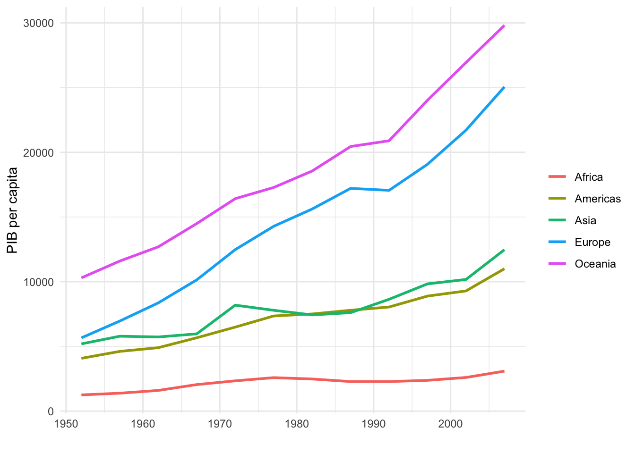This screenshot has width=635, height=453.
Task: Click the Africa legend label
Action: tap(588, 177)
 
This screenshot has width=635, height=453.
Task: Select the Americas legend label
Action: tap(597, 199)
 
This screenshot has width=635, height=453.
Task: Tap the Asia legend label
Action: tap(585, 221)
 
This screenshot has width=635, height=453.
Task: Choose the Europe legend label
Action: tap(592, 243)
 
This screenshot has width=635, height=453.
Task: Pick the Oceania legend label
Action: tap(595, 264)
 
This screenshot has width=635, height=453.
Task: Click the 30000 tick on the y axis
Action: tap(38, 23)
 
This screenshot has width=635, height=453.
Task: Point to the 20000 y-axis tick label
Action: tap(38, 153)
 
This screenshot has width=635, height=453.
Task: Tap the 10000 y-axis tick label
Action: tap(38, 282)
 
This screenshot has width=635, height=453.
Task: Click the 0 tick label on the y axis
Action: tap(51, 411)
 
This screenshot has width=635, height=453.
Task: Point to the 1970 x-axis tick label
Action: tap(220, 423)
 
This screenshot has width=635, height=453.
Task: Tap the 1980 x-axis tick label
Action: tap(297, 423)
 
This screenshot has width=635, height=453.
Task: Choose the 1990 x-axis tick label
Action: tap(374, 423)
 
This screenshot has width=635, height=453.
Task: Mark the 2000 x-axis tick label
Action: tap(451, 423)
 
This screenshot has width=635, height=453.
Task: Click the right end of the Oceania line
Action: tap(504, 26)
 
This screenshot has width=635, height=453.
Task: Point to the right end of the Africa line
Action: tap(504, 371)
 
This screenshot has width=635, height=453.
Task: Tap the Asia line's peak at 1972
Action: tap(235, 305)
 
